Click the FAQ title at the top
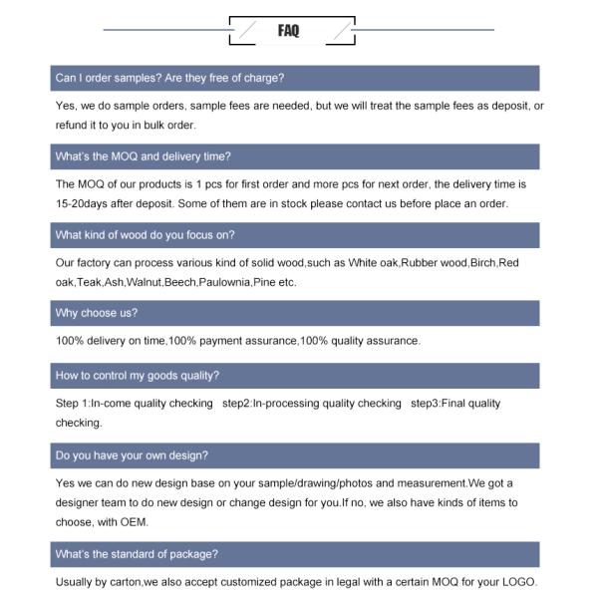[x=289, y=31]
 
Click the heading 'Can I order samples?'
[x=169, y=78]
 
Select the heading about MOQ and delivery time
[x=144, y=156]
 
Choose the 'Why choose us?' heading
[x=97, y=313]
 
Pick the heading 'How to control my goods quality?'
[x=138, y=376]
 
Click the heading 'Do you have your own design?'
[x=132, y=455]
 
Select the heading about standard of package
[x=137, y=554]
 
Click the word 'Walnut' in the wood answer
[x=144, y=283]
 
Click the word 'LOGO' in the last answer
[x=517, y=582]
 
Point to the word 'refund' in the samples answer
[x=73, y=126]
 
